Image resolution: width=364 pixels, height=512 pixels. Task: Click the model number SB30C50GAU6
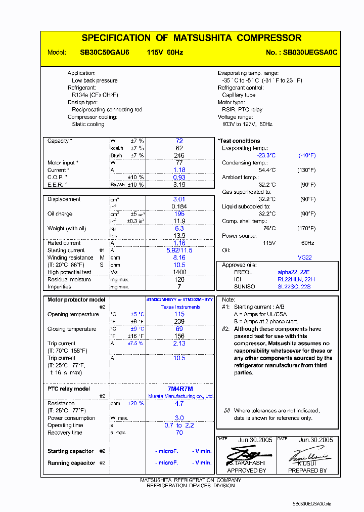click(x=105, y=52)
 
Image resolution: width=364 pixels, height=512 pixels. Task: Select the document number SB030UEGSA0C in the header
click(x=310, y=52)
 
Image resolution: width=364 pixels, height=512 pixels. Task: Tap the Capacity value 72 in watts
click(x=179, y=141)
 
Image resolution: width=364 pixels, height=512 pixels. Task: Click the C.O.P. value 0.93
click(x=179, y=178)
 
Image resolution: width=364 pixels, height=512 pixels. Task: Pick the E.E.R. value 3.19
click(x=179, y=185)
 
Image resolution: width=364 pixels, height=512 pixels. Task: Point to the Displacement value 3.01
click(x=179, y=199)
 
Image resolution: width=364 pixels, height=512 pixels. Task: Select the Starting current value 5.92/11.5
click(x=179, y=250)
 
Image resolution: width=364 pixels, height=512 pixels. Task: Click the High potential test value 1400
click(x=179, y=272)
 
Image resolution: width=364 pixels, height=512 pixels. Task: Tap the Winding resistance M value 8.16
click(x=179, y=258)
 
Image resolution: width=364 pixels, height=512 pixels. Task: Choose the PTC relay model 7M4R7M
click(x=180, y=389)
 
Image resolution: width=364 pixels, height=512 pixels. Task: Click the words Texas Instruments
click(x=180, y=307)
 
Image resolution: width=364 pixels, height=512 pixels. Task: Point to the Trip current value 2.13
click(x=179, y=344)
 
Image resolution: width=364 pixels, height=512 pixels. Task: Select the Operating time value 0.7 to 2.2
click(x=179, y=425)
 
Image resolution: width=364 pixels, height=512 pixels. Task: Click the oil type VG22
click(x=305, y=258)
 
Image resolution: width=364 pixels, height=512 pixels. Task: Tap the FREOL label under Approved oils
click(x=243, y=272)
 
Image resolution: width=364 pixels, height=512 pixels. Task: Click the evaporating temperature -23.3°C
click(x=266, y=156)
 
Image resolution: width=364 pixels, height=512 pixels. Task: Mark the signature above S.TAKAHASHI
click(x=246, y=453)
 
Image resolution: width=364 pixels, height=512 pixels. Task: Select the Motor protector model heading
click(x=76, y=300)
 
